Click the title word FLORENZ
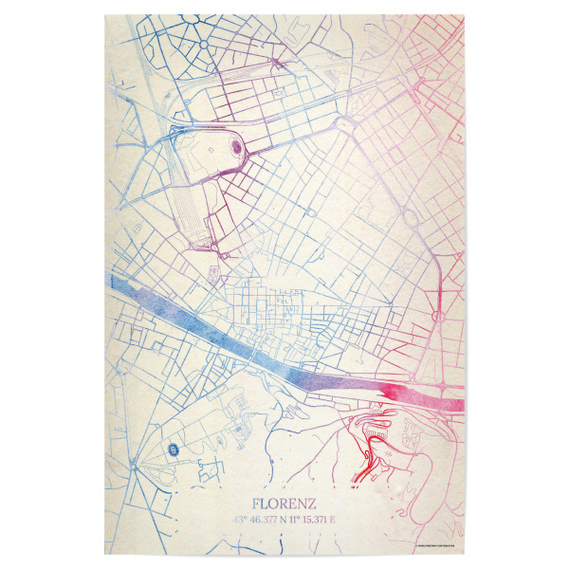pyautogui.click(x=284, y=502)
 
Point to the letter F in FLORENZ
pyautogui.click(x=257, y=502)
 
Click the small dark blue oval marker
pyautogui.click(x=173, y=450)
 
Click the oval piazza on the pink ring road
pyautogui.click(x=435, y=312)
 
